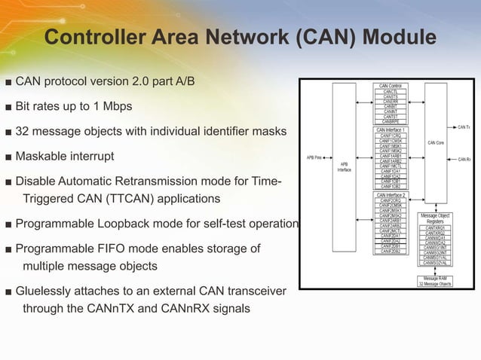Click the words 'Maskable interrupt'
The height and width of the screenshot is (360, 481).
pos(65,157)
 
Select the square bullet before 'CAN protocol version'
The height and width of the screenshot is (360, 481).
pos(8,81)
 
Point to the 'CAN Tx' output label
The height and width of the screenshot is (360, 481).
pos(464,127)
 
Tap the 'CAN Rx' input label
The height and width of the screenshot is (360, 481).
pos(464,160)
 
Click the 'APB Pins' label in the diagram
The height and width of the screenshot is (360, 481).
pos(314,158)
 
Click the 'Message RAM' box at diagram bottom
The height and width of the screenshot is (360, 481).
pos(434,281)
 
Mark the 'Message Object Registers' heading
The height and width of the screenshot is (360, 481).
pos(435,219)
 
